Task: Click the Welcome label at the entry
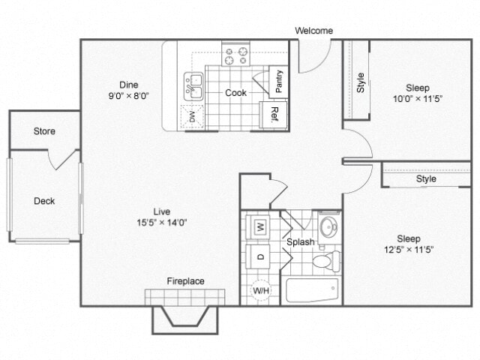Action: (x=313, y=31)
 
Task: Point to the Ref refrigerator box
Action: (x=274, y=115)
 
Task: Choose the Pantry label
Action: (x=278, y=81)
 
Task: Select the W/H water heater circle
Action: (x=260, y=289)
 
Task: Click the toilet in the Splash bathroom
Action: (x=325, y=262)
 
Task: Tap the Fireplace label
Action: (x=185, y=281)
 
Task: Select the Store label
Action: (x=44, y=131)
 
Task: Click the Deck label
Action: (x=44, y=201)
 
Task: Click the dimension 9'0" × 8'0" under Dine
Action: (x=130, y=96)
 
